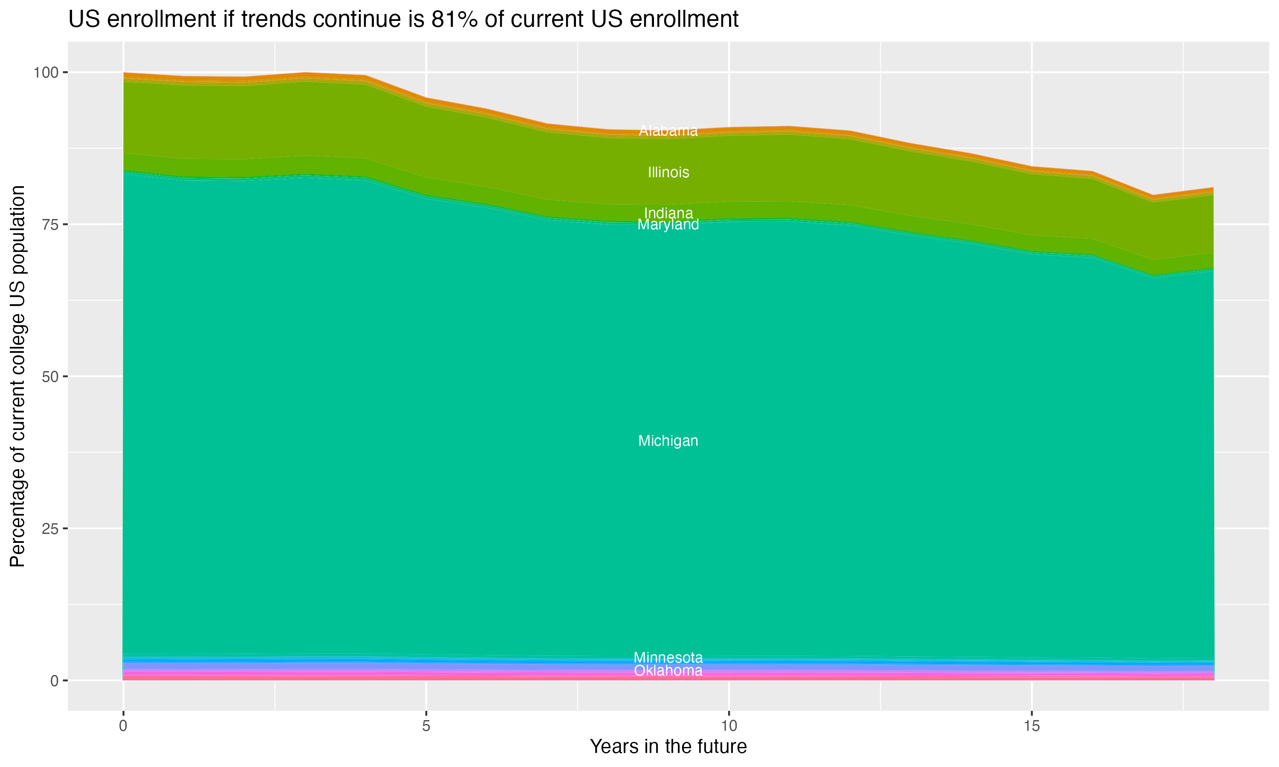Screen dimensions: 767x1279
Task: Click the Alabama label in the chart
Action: click(x=668, y=131)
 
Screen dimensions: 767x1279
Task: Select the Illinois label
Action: click(x=668, y=172)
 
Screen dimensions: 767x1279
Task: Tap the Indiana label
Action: click(x=668, y=213)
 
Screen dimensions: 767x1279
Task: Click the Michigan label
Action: click(x=668, y=441)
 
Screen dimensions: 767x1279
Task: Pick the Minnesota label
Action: click(x=668, y=657)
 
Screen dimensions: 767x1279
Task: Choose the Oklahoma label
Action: click(x=668, y=671)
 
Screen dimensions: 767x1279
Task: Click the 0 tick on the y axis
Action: click(x=54, y=680)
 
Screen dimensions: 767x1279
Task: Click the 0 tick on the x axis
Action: click(x=123, y=726)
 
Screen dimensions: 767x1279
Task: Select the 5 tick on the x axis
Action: click(x=426, y=726)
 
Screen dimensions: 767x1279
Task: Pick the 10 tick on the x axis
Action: click(x=729, y=726)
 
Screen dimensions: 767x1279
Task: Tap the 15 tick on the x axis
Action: click(x=1032, y=726)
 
